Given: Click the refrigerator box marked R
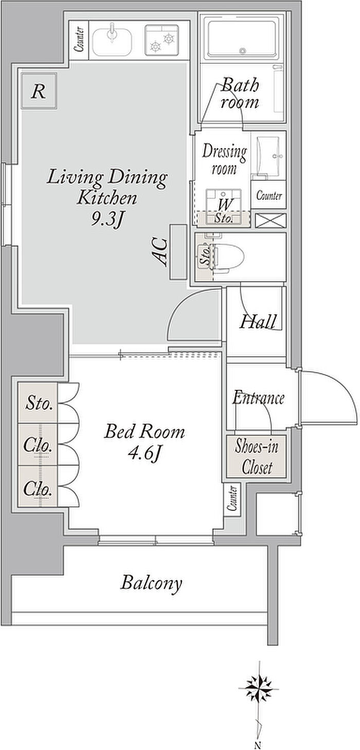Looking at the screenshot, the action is [39, 91].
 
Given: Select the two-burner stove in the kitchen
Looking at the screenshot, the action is [162, 40].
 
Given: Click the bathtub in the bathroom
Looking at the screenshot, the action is [242, 40].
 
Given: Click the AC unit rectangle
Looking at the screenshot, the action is [178, 252].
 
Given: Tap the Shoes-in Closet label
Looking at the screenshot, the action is [257, 456].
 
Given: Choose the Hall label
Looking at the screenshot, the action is [258, 322].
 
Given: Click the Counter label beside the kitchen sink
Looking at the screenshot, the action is [79, 40].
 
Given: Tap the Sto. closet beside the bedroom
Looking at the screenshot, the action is [38, 402].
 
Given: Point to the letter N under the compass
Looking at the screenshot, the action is [258, 745].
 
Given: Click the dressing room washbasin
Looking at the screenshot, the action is [268, 156].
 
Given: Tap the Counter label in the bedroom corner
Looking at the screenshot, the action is [233, 498].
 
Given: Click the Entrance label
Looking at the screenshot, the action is [258, 398].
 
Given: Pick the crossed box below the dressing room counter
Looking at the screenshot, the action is [271, 220].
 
